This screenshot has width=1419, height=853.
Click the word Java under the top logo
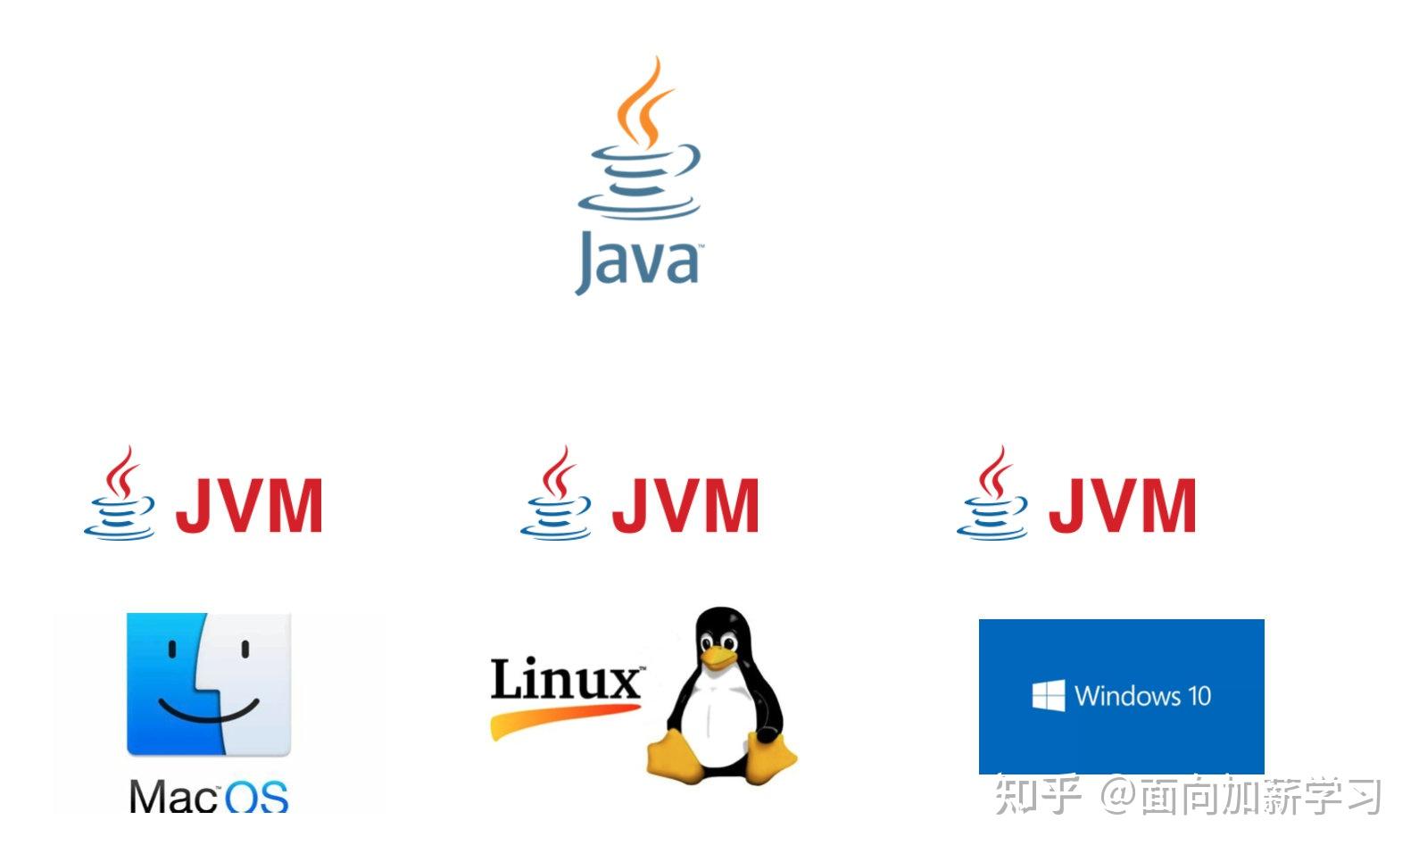click(637, 261)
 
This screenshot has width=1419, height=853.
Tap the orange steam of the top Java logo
click(644, 103)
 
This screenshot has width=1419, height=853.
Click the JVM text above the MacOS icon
click(249, 506)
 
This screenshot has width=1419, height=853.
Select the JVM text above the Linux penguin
click(685, 506)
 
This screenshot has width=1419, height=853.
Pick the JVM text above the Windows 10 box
click(1122, 506)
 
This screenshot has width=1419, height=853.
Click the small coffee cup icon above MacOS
click(120, 496)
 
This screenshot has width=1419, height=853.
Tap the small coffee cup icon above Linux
click(557, 496)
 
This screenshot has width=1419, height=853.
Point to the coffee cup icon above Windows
click(993, 496)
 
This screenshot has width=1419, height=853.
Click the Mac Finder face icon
click(209, 683)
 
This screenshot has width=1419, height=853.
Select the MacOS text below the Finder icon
click(209, 796)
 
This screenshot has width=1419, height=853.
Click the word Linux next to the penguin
click(565, 680)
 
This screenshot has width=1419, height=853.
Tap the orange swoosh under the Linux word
click(562, 718)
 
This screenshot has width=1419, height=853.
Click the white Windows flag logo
click(1048, 695)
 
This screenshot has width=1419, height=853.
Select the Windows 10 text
click(1142, 695)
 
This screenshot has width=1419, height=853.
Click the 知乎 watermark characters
click(1038, 795)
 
